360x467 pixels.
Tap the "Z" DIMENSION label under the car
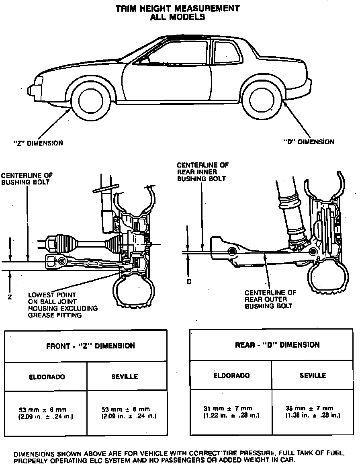[38, 143]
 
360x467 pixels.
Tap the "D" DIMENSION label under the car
[309, 142]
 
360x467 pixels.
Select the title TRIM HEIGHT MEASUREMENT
[178, 8]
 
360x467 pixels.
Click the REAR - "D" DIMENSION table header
[278, 345]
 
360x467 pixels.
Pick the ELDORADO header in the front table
[47, 377]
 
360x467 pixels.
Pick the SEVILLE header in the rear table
[312, 376]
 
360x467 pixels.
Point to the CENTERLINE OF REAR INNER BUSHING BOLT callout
[203, 172]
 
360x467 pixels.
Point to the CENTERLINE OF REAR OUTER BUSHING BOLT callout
[271, 299]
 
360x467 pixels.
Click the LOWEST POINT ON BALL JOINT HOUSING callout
[63, 305]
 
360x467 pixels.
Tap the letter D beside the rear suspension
[189, 282]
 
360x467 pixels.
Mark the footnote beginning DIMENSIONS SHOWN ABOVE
[179, 457]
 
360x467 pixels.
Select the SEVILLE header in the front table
[125, 377]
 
